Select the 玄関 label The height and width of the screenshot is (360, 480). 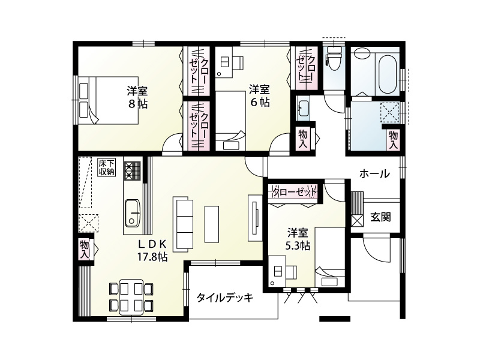tap(380, 217)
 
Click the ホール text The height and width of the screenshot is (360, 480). tap(374, 174)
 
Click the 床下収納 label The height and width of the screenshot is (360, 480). tap(106, 167)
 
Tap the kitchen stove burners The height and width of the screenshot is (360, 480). tap(132, 170)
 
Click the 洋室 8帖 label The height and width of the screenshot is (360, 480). tap(137, 97)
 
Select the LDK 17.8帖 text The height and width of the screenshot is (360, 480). tap(152, 250)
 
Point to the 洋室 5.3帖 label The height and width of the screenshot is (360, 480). tap(298, 238)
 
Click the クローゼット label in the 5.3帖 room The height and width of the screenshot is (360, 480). tap(293, 193)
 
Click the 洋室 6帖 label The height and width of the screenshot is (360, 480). tap(259, 96)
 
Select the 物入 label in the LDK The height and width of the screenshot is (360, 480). tap(85, 249)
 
